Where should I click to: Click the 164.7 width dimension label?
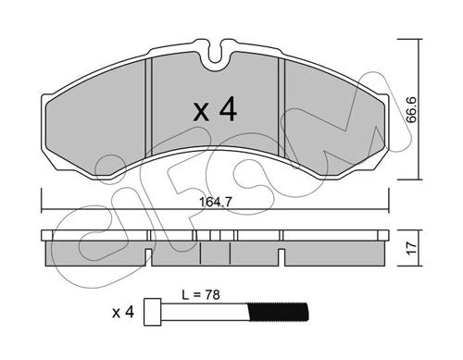[x=215, y=203]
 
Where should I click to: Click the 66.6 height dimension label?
[x=411, y=110]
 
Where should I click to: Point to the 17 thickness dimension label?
[x=412, y=248]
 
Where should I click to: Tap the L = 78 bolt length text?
[x=201, y=295]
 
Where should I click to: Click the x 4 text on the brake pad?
[x=215, y=110]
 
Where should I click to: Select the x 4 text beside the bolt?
[x=123, y=313]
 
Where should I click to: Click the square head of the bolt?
[x=153, y=312]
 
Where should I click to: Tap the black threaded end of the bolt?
[x=278, y=312]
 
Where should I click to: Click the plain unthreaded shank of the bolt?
[x=205, y=312]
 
